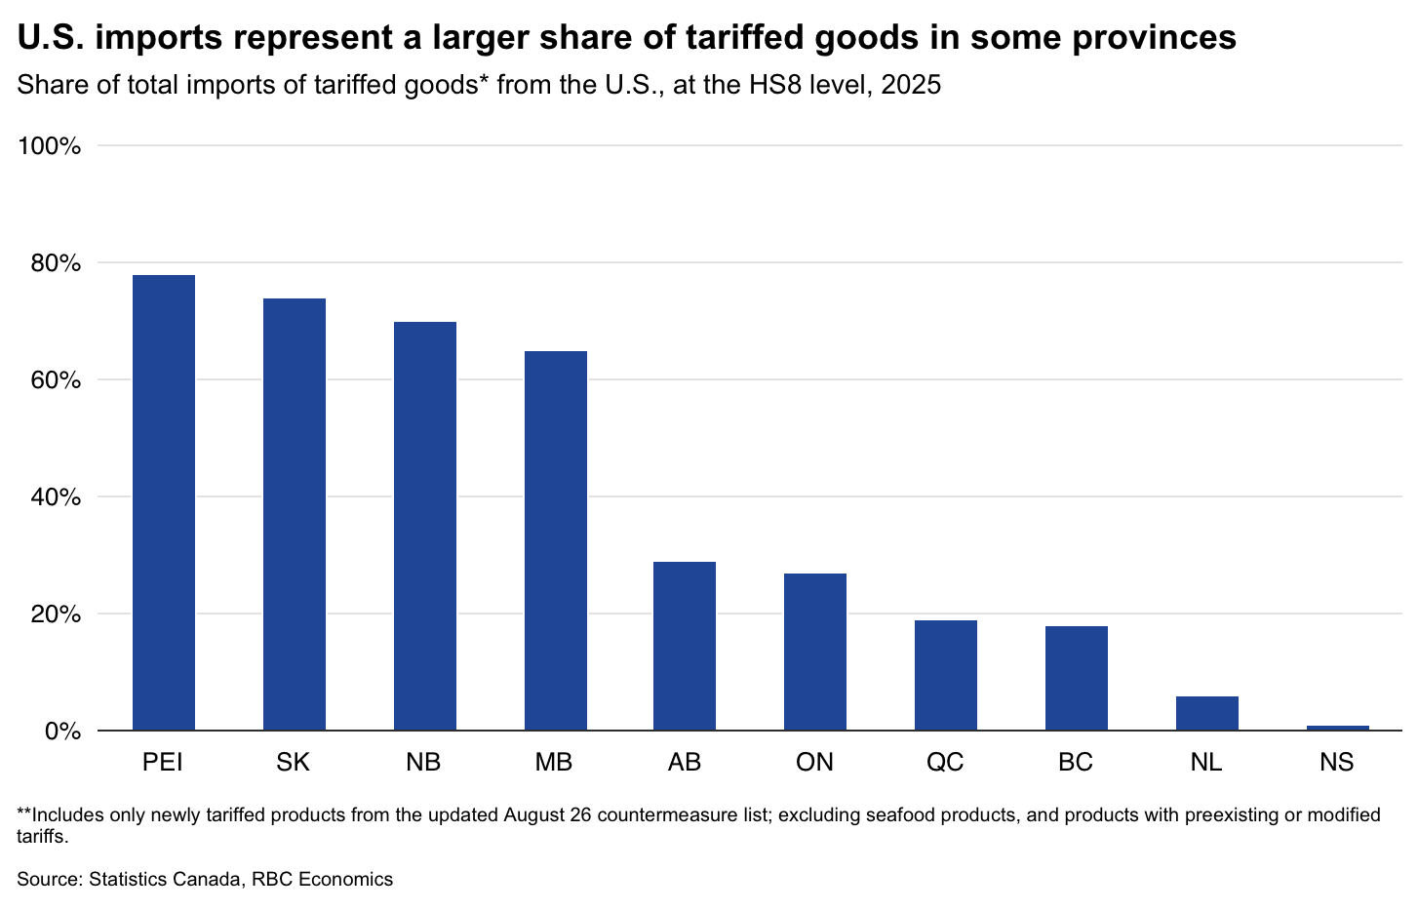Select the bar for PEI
(x=163, y=502)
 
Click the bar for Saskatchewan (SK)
(x=295, y=514)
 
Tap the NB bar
(x=425, y=526)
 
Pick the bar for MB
(x=556, y=540)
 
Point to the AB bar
(x=685, y=646)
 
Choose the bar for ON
(x=815, y=653)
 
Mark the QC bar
(x=946, y=676)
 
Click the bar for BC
(x=1076, y=678)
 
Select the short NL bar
(x=1207, y=713)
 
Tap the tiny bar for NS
(x=1338, y=728)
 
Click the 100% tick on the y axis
(x=50, y=146)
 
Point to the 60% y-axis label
(x=56, y=380)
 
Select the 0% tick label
(x=62, y=732)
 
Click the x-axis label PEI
(x=163, y=762)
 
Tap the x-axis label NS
(x=1337, y=762)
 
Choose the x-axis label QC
(x=945, y=762)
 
